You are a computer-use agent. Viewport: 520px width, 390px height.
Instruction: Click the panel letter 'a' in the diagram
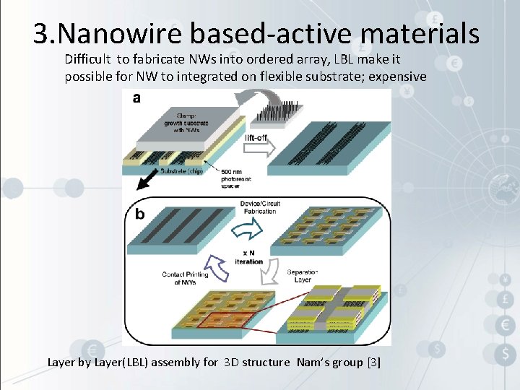(136, 97)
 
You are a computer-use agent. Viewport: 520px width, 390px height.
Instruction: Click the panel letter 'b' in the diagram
(139, 214)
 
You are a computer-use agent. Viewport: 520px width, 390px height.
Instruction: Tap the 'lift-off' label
(259, 137)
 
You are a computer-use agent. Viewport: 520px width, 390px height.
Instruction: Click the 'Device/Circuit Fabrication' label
(259, 207)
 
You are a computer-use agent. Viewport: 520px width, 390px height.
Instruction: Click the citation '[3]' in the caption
(373, 362)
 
